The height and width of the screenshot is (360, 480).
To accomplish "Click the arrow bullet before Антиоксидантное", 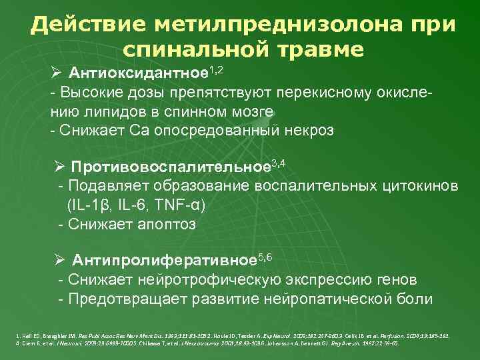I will (x=59, y=72).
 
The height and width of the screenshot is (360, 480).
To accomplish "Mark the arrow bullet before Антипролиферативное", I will (x=63, y=259).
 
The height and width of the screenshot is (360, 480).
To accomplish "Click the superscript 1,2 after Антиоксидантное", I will (x=215, y=68).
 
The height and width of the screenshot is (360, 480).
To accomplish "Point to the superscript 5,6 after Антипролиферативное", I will (x=265, y=255).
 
